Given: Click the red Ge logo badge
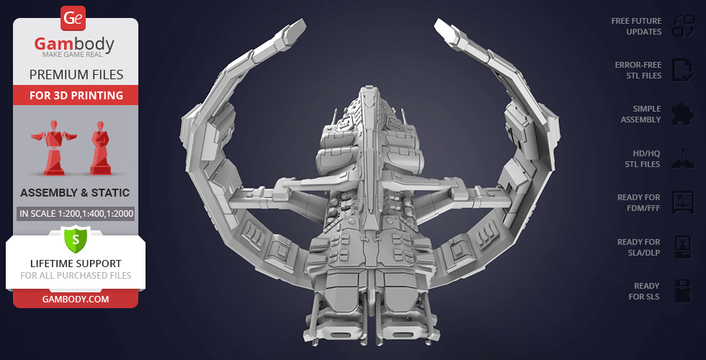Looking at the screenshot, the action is pos(73,18).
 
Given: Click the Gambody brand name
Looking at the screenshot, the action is pos(74,44).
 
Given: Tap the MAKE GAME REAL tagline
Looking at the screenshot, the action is pos(73,55).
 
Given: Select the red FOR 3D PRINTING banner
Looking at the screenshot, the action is pos(76,95).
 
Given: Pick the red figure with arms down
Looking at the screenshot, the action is pos(100,148).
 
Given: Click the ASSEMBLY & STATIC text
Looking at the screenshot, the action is pos(75,193).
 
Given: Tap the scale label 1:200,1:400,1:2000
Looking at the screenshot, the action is pos(76,213).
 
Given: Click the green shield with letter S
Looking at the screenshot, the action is pos(76,239).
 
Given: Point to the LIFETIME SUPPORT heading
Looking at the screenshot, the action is pos(76,264).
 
